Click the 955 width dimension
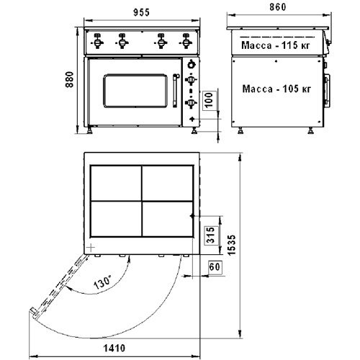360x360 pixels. tap(141, 12)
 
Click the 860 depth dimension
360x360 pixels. tap(278, 7)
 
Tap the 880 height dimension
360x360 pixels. tap(70, 79)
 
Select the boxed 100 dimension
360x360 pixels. tap(210, 100)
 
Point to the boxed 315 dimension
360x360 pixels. tap(210, 235)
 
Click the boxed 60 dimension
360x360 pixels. tap(215, 266)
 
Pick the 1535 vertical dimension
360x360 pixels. tap(232, 245)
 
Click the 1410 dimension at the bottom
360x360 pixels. tap(114, 348)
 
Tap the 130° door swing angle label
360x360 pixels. tap(102, 282)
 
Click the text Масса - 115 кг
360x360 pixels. tap(276, 45)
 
